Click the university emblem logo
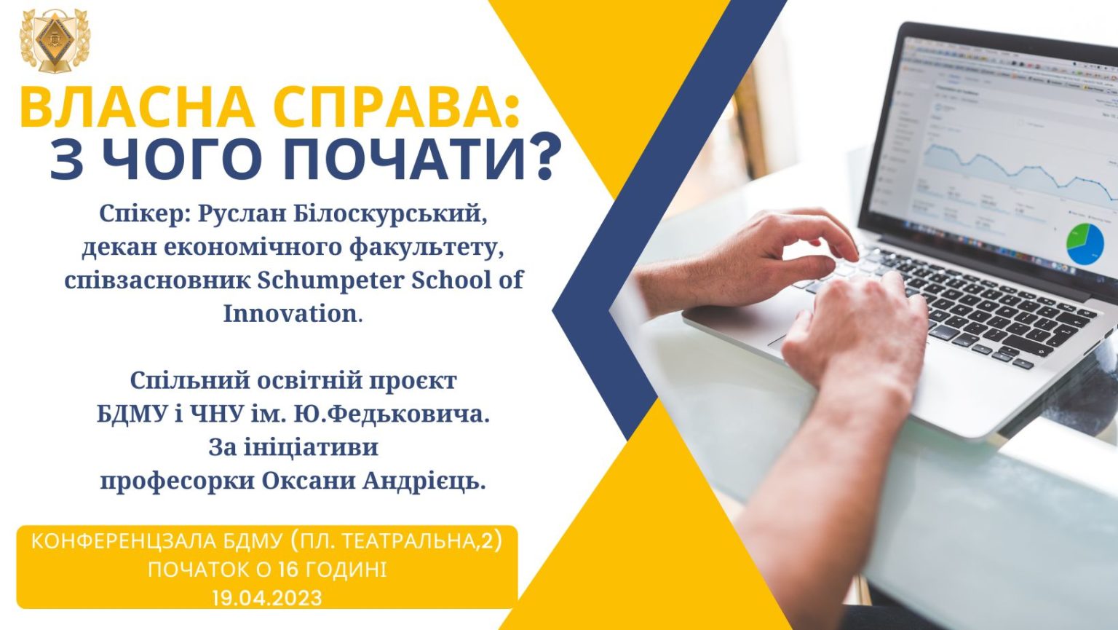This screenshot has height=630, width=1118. click(55, 41)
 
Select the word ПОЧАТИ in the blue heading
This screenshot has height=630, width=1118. click(407, 157)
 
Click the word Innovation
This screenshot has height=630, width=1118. click(290, 314)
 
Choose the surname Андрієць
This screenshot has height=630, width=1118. click(424, 481)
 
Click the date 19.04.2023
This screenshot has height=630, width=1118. click(267, 598)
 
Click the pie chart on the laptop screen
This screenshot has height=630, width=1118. click(1085, 244)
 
